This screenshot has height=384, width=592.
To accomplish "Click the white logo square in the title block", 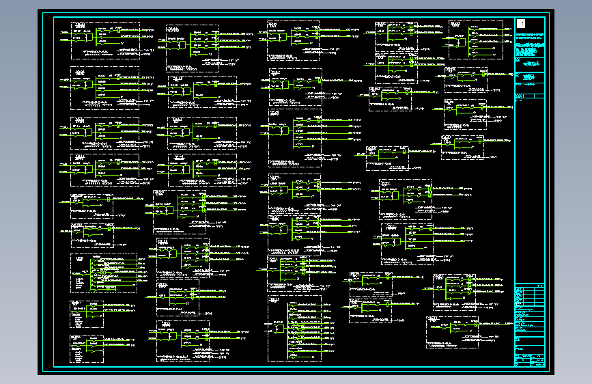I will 521,24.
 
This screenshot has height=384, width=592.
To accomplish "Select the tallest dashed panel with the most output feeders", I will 294,331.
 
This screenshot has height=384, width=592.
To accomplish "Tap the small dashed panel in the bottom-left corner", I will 86,348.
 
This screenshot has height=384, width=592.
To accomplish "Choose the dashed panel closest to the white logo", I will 476,38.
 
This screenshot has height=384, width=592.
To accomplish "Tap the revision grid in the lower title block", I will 531,298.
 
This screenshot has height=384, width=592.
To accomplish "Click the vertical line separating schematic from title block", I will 513,191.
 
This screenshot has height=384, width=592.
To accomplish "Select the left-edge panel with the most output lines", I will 103,273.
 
